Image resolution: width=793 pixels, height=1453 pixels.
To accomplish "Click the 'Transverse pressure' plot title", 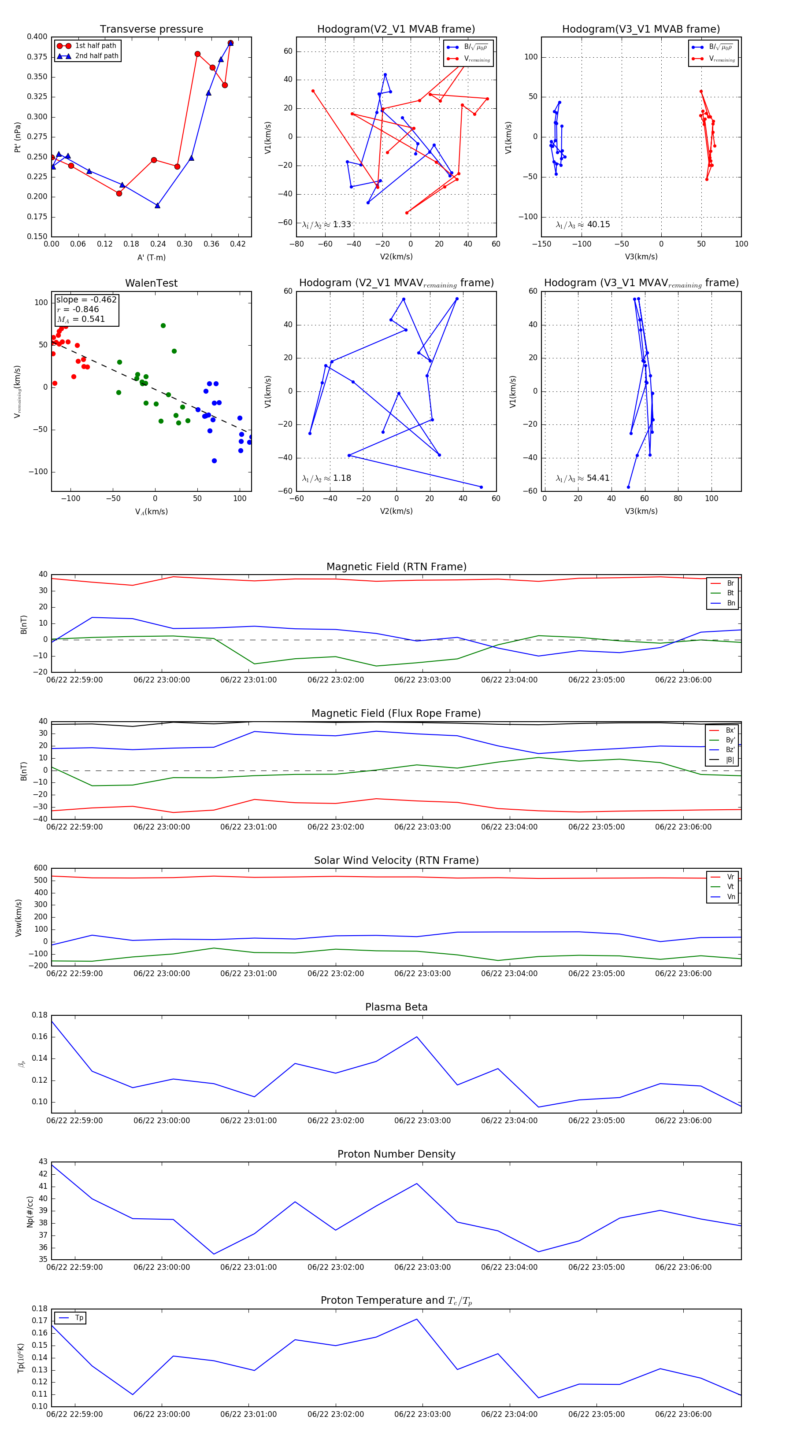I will coord(151,30).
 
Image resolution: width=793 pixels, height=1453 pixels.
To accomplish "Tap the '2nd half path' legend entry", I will coord(96,56).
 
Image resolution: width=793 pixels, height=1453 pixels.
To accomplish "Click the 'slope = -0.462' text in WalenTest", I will coord(86,299).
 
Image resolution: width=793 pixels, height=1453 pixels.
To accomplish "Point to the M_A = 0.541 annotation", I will coord(81,319).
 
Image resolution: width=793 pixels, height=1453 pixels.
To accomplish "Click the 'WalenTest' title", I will coord(151,283).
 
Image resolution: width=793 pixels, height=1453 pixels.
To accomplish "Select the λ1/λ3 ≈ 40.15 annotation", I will coord(582,225).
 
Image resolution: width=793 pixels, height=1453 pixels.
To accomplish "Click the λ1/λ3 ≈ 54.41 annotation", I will coord(582,478).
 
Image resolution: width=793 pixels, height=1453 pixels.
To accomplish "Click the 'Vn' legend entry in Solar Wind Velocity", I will coord(730,897).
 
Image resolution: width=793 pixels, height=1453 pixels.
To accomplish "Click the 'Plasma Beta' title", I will coord(396,1007).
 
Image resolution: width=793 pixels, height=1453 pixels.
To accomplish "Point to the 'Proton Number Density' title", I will coord(396,1154).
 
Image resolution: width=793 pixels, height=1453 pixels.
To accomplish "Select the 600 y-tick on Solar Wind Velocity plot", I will coord(41,868).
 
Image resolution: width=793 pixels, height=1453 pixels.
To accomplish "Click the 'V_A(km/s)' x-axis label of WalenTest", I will coord(151,512).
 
